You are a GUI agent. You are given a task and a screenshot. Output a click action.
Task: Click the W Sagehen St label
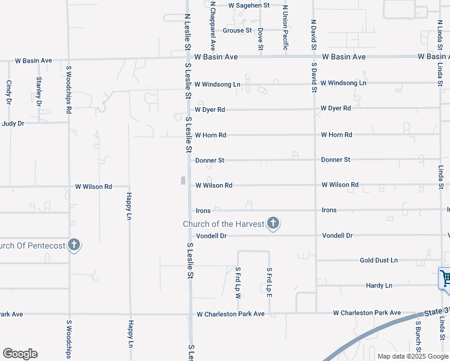(249, 5)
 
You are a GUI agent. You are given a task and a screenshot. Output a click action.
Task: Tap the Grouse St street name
(237, 31)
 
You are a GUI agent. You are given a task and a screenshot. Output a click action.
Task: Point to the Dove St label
(260, 39)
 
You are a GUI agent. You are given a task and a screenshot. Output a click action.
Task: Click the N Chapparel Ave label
(212, 25)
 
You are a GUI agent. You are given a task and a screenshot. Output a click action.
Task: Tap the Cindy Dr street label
(9, 93)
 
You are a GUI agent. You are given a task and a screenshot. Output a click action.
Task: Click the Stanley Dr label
(39, 91)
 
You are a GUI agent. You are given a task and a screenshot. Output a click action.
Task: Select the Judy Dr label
(13, 123)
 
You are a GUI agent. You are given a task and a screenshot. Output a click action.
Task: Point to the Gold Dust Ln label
(378, 261)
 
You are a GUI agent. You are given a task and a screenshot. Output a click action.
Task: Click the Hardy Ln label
(379, 285)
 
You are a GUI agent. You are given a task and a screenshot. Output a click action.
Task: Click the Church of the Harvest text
(224, 224)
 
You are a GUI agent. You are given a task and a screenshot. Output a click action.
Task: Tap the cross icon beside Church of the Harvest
(273, 224)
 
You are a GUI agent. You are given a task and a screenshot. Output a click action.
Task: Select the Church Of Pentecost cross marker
(74, 245)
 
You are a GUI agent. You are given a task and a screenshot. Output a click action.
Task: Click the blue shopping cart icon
(445, 279)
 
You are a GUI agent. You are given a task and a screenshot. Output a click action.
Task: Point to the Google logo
(20, 354)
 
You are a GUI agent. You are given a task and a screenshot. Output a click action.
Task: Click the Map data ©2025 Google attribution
(413, 356)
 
